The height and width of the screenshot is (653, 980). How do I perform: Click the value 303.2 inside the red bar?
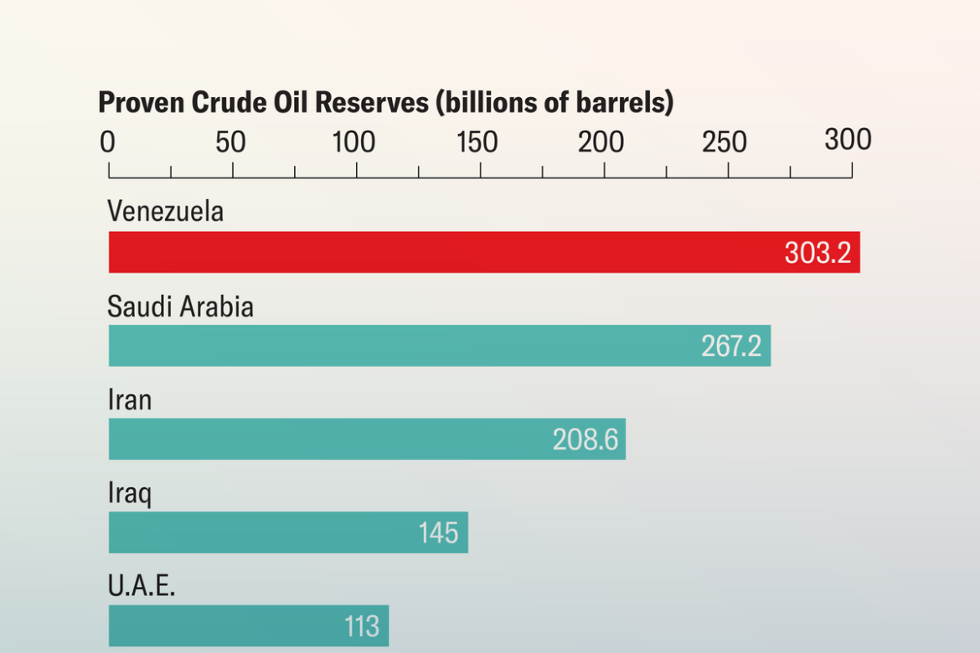click(x=818, y=253)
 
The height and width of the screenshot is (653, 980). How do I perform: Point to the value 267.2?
click(x=731, y=346)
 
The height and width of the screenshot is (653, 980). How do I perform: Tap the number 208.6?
click(x=585, y=440)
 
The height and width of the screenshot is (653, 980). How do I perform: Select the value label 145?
click(x=438, y=533)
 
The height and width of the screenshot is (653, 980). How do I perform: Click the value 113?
click(x=362, y=626)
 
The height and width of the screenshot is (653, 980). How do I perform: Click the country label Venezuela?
click(x=166, y=211)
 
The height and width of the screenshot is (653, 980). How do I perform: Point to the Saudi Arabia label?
click(x=180, y=306)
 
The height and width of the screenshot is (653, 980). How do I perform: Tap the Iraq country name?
click(x=130, y=494)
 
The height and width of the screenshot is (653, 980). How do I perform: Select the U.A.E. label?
click(x=142, y=586)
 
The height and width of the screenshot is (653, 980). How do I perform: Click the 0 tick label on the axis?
click(x=108, y=142)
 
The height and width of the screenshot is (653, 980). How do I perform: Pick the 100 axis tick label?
click(x=353, y=142)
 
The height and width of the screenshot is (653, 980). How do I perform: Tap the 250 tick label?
click(x=725, y=142)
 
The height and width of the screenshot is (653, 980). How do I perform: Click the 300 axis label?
click(x=848, y=140)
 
